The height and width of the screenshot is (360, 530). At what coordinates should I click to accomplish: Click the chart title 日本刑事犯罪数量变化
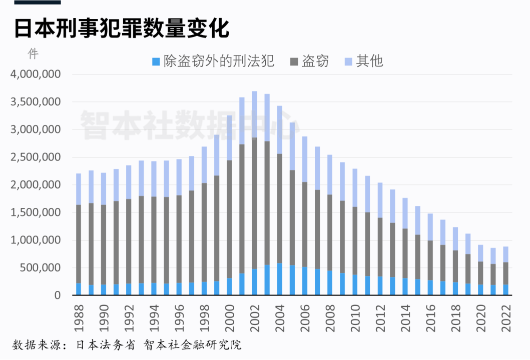tap(121, 28)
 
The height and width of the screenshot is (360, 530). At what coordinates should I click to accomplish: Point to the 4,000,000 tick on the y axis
tap(35, 74)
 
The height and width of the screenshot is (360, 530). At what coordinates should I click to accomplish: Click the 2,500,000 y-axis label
tap(35, 157)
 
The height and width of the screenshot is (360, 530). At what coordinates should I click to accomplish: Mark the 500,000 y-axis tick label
tap(40, 268)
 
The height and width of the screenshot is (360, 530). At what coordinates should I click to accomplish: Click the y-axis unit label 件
tap(32, 53)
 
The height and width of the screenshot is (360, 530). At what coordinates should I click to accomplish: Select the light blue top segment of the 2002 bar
tap(254, 114)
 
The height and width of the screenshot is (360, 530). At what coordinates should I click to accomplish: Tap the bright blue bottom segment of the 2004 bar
tap(279, 279)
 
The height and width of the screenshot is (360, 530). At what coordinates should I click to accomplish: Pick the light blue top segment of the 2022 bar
tap(505, 254)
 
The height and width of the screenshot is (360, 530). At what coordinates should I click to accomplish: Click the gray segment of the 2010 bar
tap(355, 240)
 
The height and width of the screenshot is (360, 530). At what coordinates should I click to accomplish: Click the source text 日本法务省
tap(105, 345)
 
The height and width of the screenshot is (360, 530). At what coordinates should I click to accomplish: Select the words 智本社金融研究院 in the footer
tap(192, 345)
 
